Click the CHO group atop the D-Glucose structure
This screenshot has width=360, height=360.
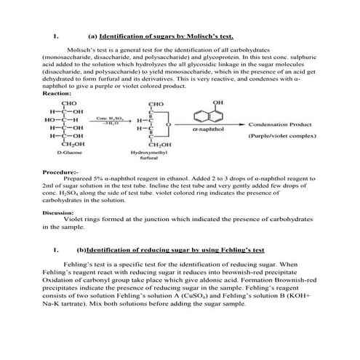point(70,103)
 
